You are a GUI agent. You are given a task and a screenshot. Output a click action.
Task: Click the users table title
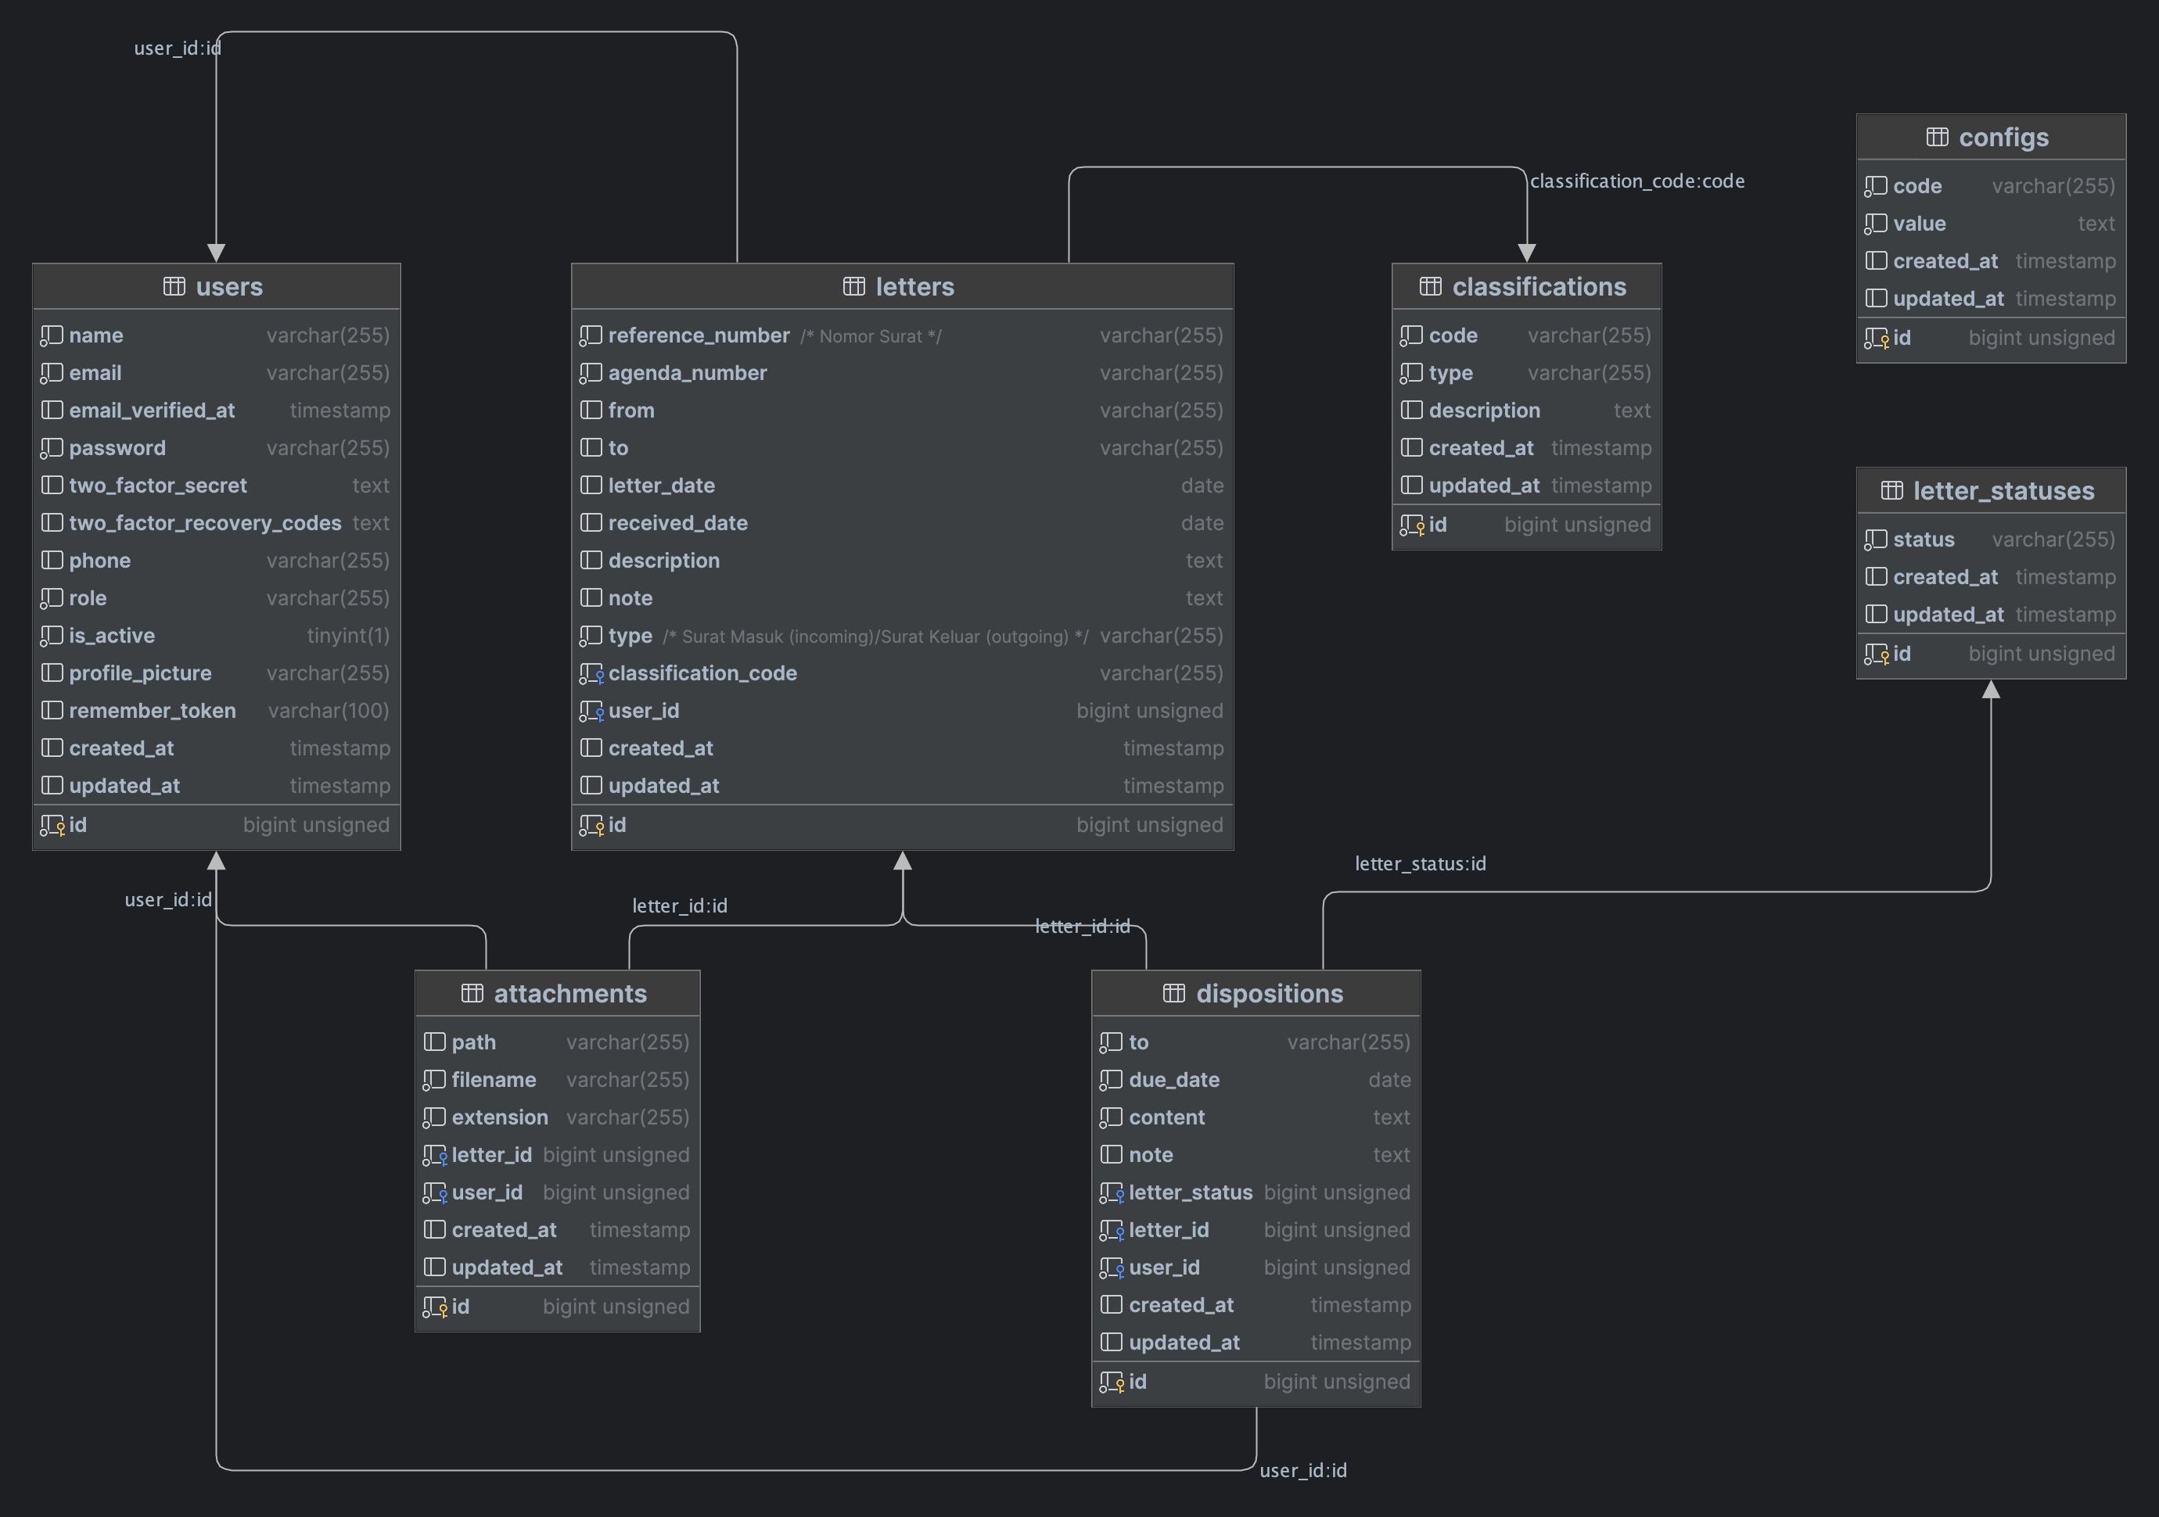[x=228, y=287]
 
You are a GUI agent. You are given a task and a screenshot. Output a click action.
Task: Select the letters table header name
[x=914, y=287]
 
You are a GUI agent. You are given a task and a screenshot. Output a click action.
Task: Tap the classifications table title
[x=1539, y=287]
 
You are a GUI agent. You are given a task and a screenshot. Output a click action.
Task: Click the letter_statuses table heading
[x=2003, y=490]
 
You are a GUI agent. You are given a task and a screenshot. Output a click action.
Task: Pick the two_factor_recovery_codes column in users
[x=204, y=522]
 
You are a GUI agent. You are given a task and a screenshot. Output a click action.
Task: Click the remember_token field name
[x=152, y=711]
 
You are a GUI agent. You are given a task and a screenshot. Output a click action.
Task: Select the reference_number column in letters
[x=698, y=335]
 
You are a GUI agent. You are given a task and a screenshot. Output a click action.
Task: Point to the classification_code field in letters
[x=702, y=673]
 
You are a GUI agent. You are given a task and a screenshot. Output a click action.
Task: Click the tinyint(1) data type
[x=347, y=636]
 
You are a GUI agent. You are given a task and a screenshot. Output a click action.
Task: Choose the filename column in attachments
[x=493, y=1080]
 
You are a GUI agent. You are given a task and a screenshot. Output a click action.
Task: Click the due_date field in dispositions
[x=1173, y=1080]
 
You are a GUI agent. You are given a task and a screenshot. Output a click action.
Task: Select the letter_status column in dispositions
[x=1190, y=1192]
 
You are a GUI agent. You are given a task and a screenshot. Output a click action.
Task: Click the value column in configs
[x=1918, y=224]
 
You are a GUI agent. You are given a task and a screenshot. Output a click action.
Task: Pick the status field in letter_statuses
[x=1923, y=540]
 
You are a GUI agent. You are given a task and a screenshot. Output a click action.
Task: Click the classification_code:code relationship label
[x=1636, y=181]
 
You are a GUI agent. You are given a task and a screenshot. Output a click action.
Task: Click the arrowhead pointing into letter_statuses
[x=1991, y=690]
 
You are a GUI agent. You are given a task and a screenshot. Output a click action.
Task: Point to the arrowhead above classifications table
[x=1526, y=252]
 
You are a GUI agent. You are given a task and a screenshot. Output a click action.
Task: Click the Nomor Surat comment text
[x=870, y=336]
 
